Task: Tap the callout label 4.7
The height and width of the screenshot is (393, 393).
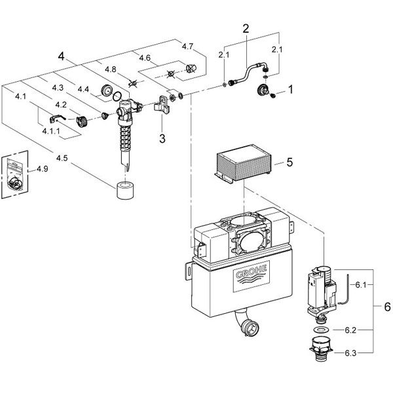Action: [x=187, y=47]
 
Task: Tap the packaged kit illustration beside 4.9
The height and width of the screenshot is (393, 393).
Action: [x=16, y=175]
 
